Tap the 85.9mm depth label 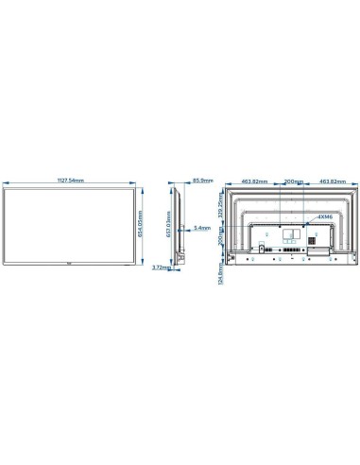pyautogui.click(x=201, y=180)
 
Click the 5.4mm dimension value pyautogui.click(x=201, y=228)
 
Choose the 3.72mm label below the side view pyautogui.click(x=161, y=293)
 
